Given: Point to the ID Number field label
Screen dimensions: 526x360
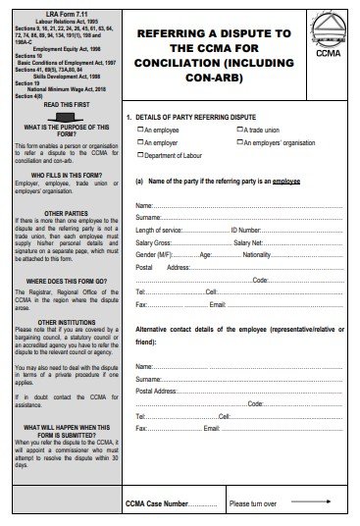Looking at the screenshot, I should click(x=245, y=230).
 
